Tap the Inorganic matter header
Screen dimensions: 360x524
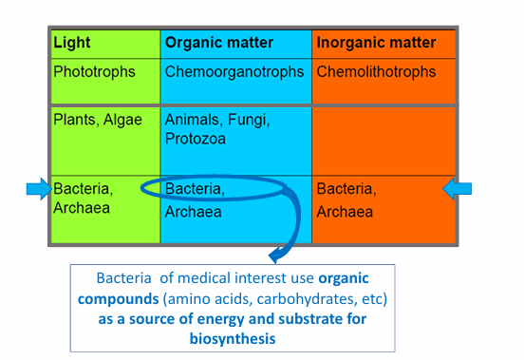pyautogui.click(x=376, y=43)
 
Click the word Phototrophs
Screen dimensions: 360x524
pyautogui.click(x=94, y=71)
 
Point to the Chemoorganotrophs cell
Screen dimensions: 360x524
pyautogui.click(x=234, y=71)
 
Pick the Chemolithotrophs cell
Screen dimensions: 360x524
pyautogui.click(x=376, y=71)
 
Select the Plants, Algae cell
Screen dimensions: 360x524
pyautogui.click(x=98, y=120)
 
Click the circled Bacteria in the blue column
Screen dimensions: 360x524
pyautogui.click(x=195, y=189)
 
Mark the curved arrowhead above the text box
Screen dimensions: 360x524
pyautogui.click(x=277, y=254)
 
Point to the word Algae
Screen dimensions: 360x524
pyautogui.click(x=123, y=120)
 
